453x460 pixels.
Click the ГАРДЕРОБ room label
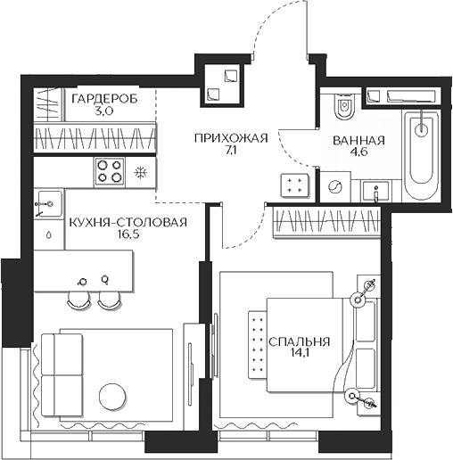point(104,99)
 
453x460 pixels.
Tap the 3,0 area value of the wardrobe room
point(104,113)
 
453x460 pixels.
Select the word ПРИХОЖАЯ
point(231,137)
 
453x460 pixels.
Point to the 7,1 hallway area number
point(231,152)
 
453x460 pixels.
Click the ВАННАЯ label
point(358,141)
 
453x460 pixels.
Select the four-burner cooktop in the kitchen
point(111,170)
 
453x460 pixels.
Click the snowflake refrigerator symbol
point(140,171)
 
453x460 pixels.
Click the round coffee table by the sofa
point(112,395)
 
